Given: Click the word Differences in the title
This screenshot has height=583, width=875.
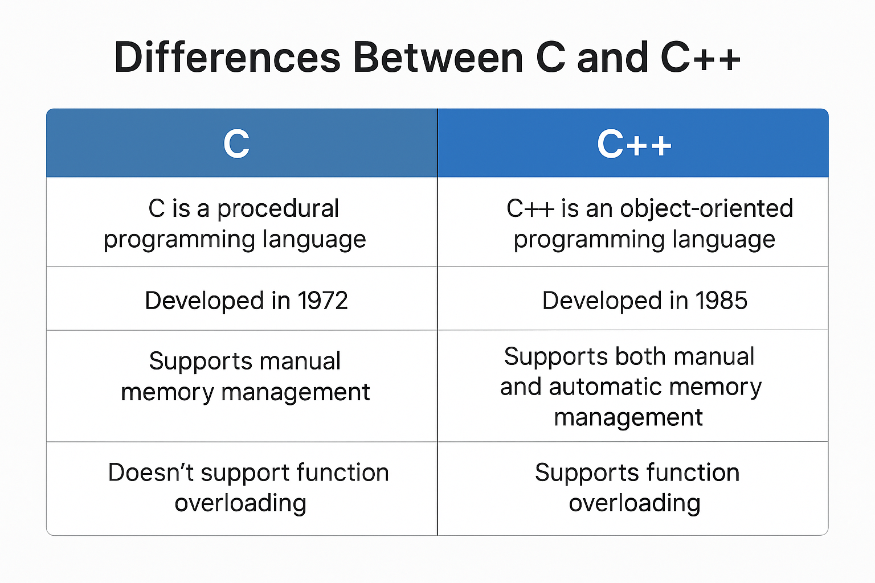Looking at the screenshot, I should coord(227,58).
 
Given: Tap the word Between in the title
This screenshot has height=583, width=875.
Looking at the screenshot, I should coord(438,58).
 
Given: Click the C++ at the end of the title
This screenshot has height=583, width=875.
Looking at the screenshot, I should coord(700,58).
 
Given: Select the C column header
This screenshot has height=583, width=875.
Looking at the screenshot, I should coord(236,144).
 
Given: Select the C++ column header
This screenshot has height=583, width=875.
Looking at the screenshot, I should coord(634,144).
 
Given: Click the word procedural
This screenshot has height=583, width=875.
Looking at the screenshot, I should coord(278,208).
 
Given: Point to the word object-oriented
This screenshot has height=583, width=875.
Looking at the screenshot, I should coord(706,208).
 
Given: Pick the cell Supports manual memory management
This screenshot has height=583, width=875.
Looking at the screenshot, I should coord(245,376).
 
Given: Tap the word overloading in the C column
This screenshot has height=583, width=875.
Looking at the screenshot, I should coord(240,503).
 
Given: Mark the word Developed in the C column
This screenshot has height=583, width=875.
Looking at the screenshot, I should coord(204,301).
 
